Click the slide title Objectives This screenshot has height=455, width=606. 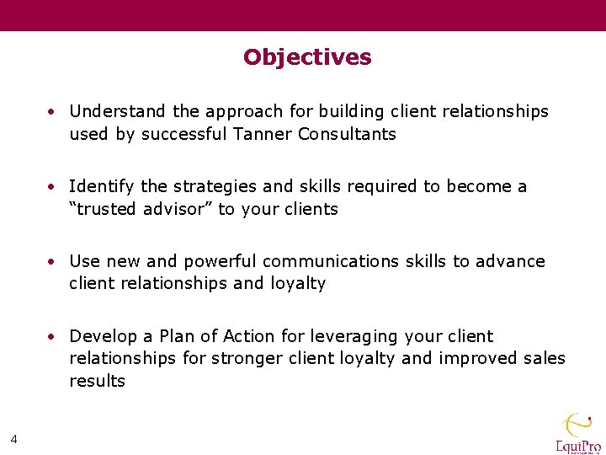307,57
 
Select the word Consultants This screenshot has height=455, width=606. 347,134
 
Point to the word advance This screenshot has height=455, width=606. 509,261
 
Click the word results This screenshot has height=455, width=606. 97,381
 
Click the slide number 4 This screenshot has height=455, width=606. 13,437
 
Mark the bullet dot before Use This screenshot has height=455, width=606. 52,261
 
